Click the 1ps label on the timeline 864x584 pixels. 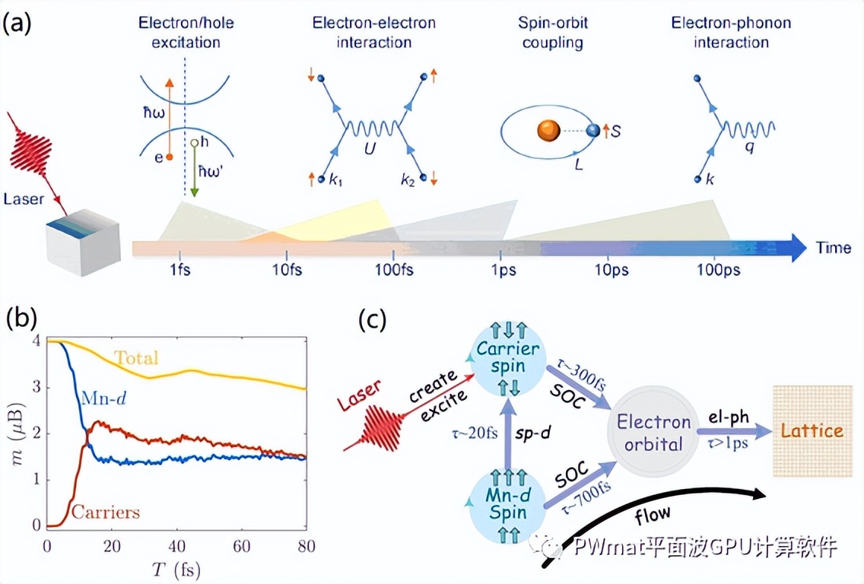coord(500,272)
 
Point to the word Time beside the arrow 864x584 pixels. coord(834,247)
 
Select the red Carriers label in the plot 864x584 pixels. coord(106,512)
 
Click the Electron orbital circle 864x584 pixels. coord(653,432)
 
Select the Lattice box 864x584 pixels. coord(812,430)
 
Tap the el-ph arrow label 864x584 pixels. coord(726,417)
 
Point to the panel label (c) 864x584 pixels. coord(373,320)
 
